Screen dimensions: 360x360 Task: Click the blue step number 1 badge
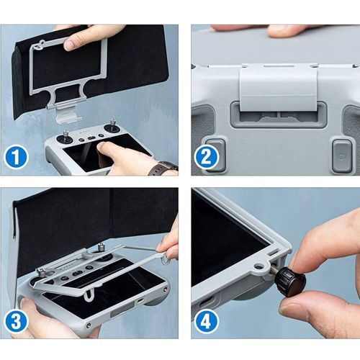(x=17, y=157)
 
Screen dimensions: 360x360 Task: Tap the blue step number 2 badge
(x=207, y=157)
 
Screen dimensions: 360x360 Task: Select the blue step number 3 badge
(x=17, y=321)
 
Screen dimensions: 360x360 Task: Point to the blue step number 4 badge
(x=207, y=321)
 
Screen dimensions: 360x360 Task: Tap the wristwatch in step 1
(x=163, y=168)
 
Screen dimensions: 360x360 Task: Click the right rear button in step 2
(x=342, y=156)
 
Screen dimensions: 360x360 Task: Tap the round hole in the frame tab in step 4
(x=258, y=266)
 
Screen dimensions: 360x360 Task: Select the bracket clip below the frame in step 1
(x=68, y=114)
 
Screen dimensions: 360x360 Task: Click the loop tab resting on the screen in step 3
(x=89, y=294)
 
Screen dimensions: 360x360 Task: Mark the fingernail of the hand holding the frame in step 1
(x=70, y=45)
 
